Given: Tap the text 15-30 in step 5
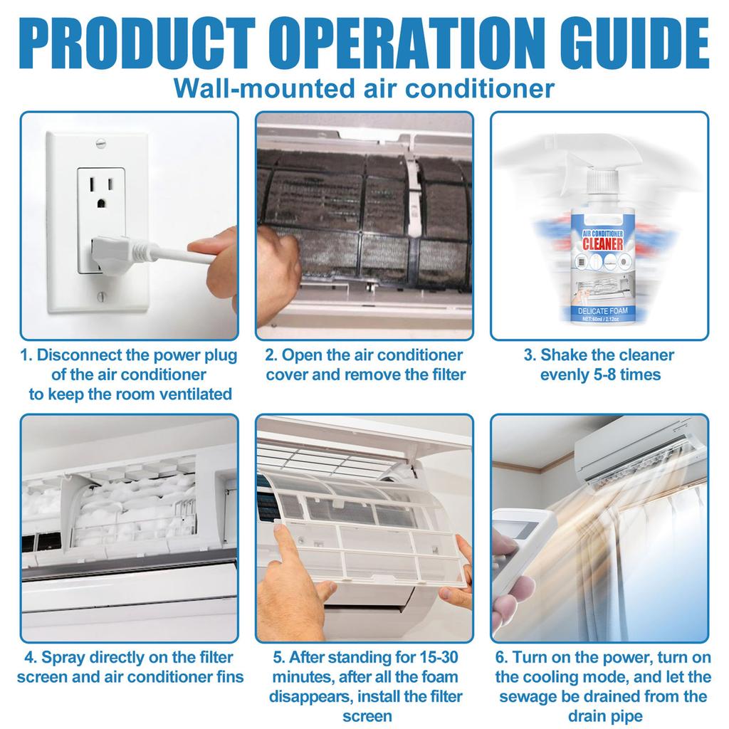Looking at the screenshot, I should [x=438, y=657].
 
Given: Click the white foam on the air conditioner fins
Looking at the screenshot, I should [x=135, y=505].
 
